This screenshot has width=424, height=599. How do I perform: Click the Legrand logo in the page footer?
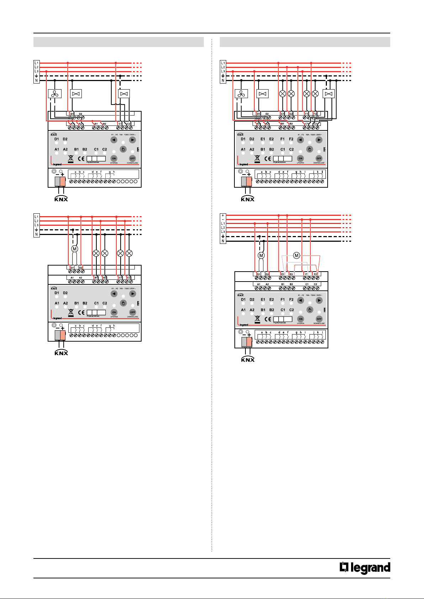tap(365, 568)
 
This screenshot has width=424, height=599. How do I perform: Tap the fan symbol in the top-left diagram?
tap(54, 94)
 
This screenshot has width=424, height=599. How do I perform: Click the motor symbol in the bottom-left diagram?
tap(75, 249)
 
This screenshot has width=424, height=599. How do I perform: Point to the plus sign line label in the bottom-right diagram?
tap(223, 215)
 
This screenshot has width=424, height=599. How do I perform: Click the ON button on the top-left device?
tap(114, 159)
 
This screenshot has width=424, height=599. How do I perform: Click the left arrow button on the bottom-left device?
tap(114, 294)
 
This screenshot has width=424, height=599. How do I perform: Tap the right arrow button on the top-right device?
tap(319, 140)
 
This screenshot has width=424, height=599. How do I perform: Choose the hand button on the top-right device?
tap(309, 149)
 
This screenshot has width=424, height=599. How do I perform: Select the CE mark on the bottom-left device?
tap(81, 312)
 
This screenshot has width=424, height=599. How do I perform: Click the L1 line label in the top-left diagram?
tap(36, 63)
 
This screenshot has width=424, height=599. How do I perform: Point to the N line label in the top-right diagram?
tap(223, 81)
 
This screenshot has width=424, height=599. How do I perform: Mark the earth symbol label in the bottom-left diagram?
tap(36, 230)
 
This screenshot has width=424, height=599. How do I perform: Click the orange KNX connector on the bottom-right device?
tap(249, 342)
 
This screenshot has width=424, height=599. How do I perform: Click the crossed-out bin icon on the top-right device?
tap(257, 159)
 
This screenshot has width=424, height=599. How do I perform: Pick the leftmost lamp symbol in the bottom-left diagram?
tap(96, 253)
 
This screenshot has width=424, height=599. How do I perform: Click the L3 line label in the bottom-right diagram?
tap(223, 232)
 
